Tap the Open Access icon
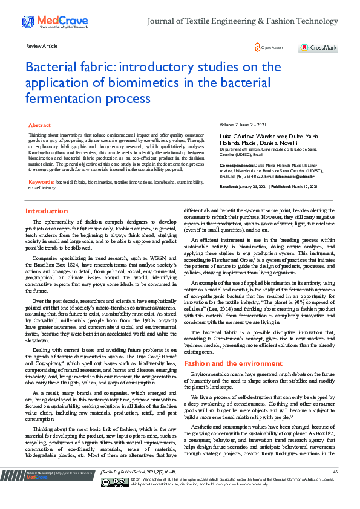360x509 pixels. pos(257,47)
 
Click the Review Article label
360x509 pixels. pos(42,46)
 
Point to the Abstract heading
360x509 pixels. pos(40,125)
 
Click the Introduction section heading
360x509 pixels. pos(47,211)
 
